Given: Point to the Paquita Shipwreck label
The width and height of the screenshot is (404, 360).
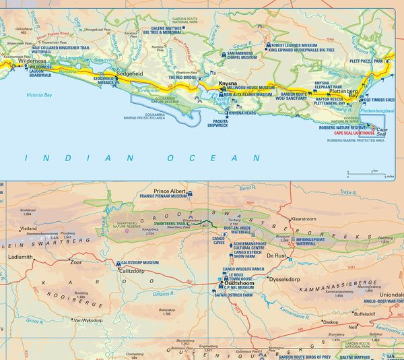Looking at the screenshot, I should [x=217, y=123].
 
